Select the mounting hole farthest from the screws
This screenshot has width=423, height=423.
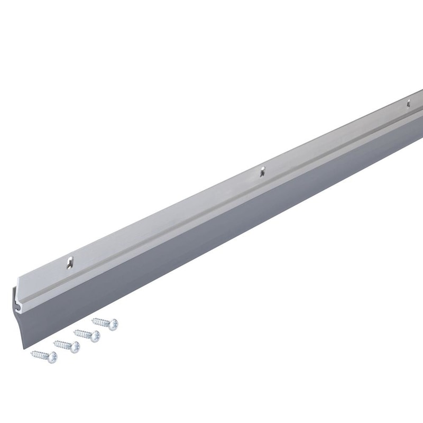click(408, 104)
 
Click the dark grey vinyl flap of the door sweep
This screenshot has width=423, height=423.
click(212, 238)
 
